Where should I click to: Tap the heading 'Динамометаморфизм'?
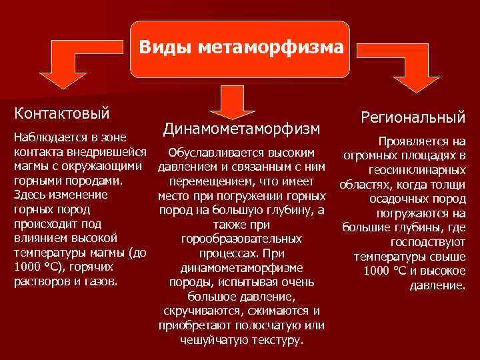(x=241, y=127)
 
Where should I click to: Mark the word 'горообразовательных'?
(x=242, y=239)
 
